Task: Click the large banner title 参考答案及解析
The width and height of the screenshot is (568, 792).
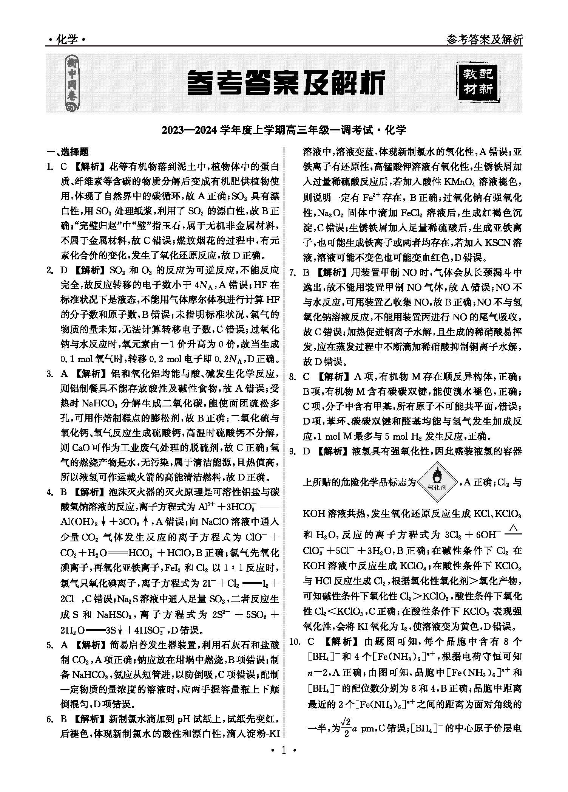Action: (x=286, y=82)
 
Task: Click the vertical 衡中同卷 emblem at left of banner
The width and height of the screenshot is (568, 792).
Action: (x=71, y=83)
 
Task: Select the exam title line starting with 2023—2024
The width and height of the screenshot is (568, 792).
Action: (x=284, y=130)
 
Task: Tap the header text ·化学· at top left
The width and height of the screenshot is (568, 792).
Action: (x=66, y=39)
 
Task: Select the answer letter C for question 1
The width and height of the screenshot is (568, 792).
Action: (x=63, y=167)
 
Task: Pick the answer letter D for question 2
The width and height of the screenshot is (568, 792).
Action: (x=63, y=270)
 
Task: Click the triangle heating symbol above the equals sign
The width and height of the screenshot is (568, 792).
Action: (x=514, y=527)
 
